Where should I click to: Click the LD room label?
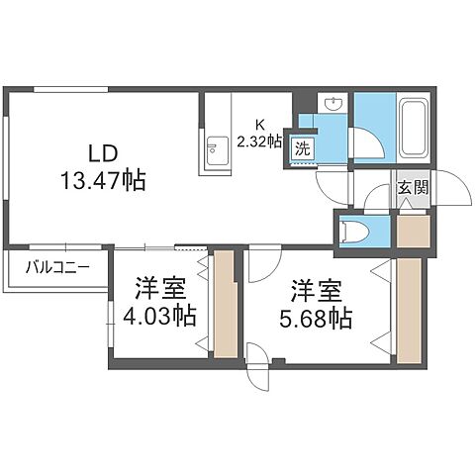(103, 153)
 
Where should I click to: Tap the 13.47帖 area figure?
(103, 180)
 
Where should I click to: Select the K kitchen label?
(260, 125)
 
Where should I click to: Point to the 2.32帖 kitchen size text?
(260, 142)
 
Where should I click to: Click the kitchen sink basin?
(217, 151)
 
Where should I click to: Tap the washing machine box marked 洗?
(303, 148)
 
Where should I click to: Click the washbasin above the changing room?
(333, 104)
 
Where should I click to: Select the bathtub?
(413, 128)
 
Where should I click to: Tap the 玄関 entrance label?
(413, 187)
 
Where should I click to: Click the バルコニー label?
(57, 267)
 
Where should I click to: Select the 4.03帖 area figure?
(159, 316)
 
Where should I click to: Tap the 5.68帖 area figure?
(316, 319)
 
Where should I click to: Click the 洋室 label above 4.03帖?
(160, 289)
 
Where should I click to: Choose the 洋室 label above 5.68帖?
(316, 291)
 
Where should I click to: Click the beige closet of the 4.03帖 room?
(225, 305)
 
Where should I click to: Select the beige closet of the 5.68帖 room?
(409, 311)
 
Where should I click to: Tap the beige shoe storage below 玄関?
(413, 232)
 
